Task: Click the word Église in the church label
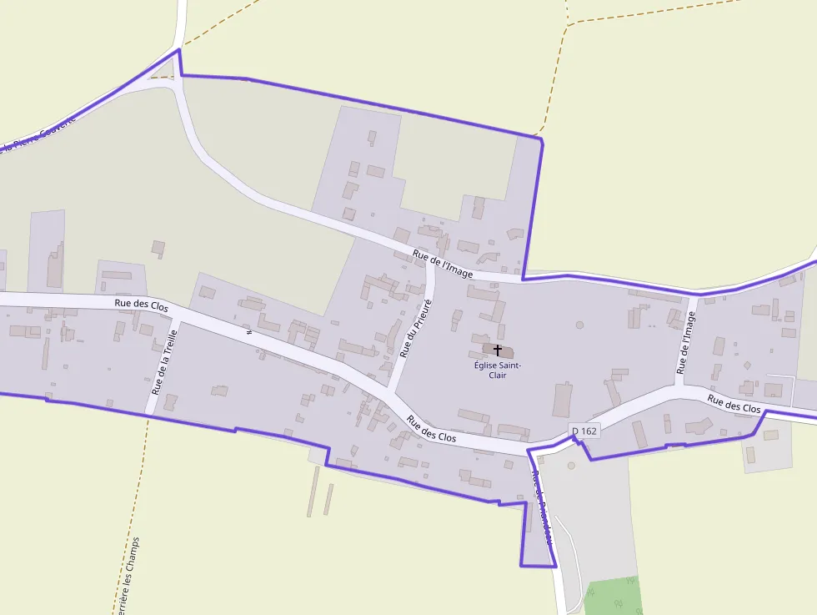(485, 365)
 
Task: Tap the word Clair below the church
(498, 376)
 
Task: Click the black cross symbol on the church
(498, 350)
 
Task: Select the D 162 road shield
(585, 431)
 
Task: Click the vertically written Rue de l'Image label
(686, 342)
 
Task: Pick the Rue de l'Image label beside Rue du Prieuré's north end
(443, 264)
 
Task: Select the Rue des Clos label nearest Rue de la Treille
(141, 306)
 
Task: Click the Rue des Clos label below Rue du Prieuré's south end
(432, 429)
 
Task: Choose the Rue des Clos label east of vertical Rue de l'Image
(734, 404)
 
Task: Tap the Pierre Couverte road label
(38, 134)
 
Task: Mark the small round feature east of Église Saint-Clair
(579, 325)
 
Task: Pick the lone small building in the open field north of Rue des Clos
(158, 248)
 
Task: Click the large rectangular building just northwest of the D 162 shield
(564, 400)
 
